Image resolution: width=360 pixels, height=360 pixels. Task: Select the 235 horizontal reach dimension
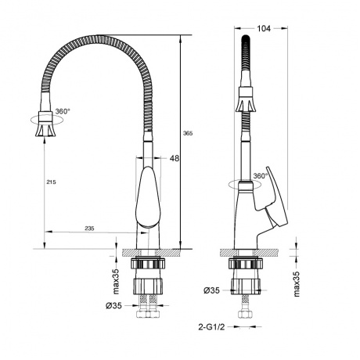(90, 228)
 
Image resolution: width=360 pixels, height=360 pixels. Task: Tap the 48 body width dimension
(174, 159)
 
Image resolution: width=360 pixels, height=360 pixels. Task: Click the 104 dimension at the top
(264, 28)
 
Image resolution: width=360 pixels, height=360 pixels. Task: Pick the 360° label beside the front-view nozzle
(62, 111)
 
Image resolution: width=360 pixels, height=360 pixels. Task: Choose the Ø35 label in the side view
(211, 291)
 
